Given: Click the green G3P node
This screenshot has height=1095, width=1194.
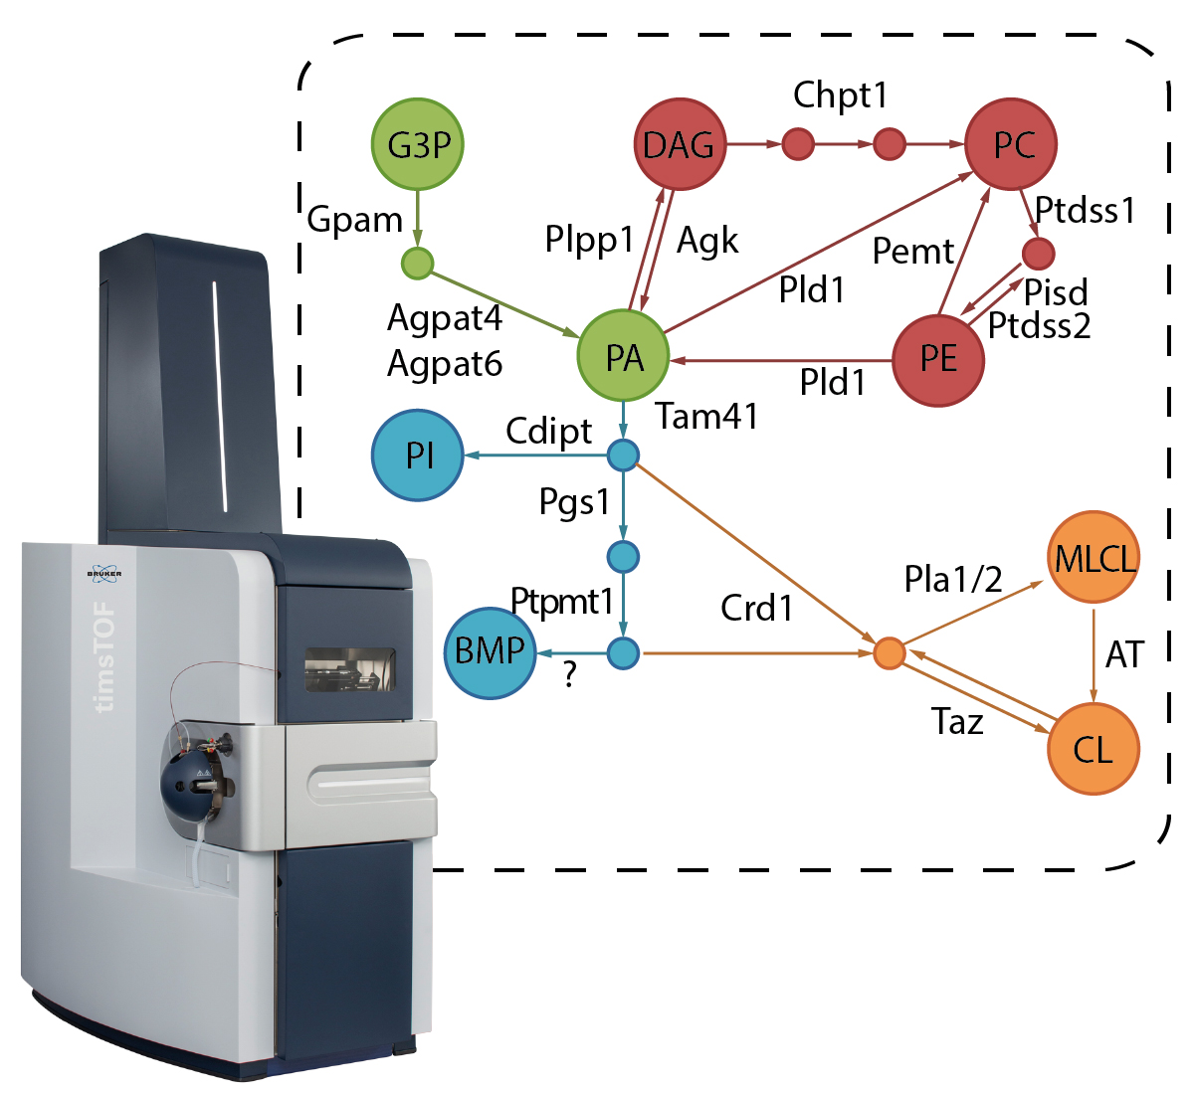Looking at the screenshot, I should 418,144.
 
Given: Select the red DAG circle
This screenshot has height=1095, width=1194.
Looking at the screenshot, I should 680,144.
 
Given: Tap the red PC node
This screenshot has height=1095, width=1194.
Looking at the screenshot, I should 1011,144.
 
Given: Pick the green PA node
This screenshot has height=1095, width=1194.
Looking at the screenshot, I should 624,357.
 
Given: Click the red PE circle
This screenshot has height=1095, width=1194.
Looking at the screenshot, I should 938,359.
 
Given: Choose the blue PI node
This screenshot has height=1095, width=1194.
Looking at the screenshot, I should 418,456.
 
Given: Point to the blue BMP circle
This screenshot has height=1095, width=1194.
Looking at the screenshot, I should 490,651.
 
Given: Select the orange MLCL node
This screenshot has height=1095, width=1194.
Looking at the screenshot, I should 1094,558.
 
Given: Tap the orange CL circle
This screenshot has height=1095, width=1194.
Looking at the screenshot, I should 1094,748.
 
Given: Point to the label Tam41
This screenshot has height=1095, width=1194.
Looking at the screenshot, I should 707,416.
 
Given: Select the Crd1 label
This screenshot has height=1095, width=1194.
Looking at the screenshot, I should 757,608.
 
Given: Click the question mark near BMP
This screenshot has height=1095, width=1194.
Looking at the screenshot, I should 569,676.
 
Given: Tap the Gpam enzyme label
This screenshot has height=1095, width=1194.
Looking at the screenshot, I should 354,220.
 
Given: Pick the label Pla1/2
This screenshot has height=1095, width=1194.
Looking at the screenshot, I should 953,579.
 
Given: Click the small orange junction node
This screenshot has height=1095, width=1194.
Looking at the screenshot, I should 889,653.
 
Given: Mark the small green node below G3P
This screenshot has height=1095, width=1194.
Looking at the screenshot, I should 417,264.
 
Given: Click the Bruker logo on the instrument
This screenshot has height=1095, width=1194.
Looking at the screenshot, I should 103,574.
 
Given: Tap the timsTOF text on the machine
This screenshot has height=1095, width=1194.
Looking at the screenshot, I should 103,656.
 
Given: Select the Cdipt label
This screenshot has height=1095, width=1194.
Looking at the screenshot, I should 548,432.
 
